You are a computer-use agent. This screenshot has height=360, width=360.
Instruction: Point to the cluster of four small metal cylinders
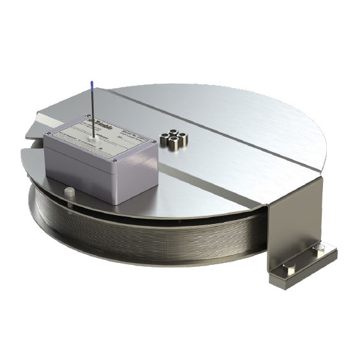point(173,139)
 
